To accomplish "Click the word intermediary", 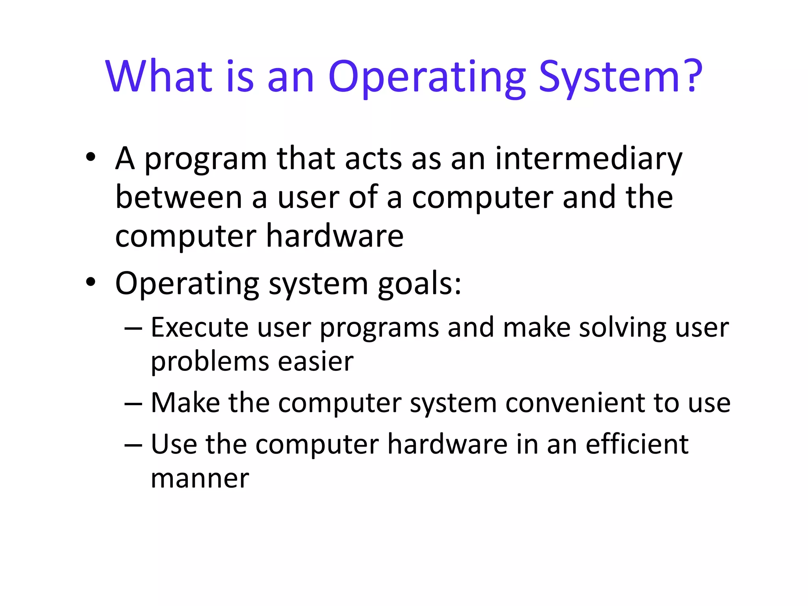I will pyautogui.click(x=588, y=159).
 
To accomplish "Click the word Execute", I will pyautogui.click(x=199, y=327).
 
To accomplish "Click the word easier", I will pyautogui.click(x=316, y=361).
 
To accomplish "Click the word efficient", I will pyautogui.click(x=637, y=444).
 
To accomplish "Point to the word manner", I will pyautogui.click(x=200, y=479).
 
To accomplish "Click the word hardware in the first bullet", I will pyautogui.click(x=335, y=236).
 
